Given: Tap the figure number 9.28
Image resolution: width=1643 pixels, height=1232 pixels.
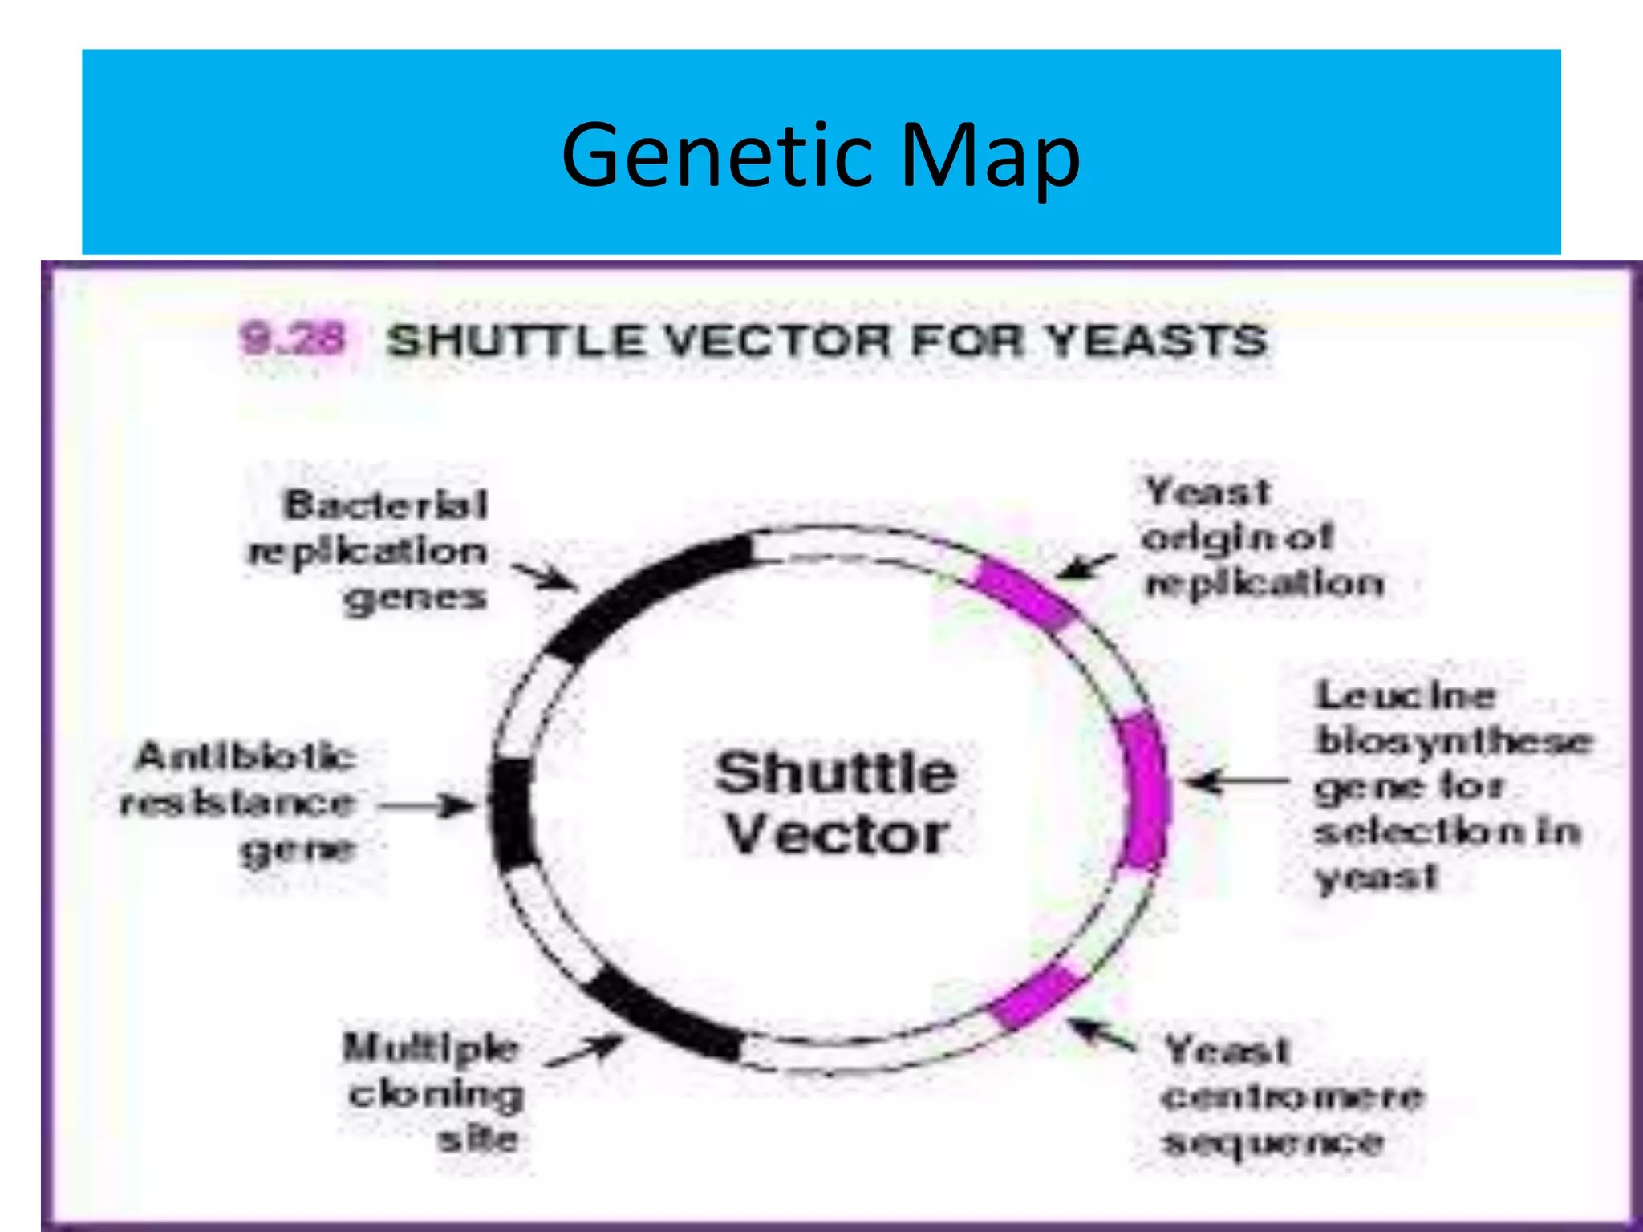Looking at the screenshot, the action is click(x=294, y=338).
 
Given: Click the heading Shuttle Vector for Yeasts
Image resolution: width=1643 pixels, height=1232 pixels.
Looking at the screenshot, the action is click(x=826, y=340).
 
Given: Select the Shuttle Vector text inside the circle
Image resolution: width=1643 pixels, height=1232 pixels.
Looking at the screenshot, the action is click(x=836, y=802).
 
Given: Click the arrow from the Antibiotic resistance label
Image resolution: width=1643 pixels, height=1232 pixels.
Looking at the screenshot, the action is click(x=425, y=804).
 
